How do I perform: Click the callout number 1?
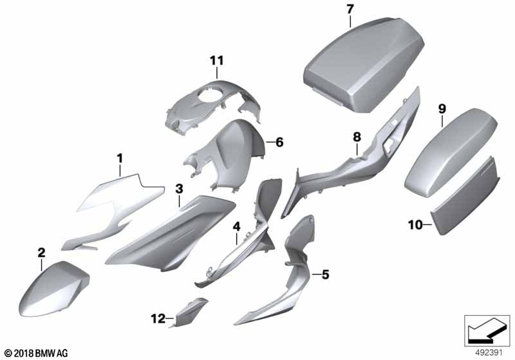120,159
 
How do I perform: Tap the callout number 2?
41,253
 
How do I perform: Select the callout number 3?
179,189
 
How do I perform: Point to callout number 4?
236,226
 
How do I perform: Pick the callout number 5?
325,274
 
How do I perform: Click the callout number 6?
279,142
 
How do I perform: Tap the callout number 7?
350,10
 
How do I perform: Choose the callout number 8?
357,137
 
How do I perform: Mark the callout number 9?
442,109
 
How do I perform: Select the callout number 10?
415,225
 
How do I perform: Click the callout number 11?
217,60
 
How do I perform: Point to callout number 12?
158,318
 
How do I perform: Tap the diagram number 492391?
489,353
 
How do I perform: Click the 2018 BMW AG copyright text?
37,353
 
